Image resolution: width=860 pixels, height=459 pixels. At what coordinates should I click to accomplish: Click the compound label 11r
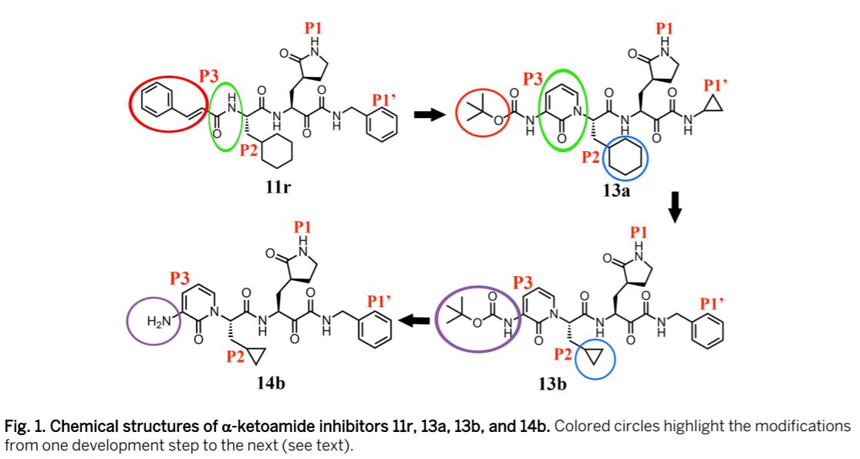coord(277,186)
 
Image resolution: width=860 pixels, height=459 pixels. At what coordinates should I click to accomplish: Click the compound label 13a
coord(616,191)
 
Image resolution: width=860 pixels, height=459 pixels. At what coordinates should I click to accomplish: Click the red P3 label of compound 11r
coord(208,76)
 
